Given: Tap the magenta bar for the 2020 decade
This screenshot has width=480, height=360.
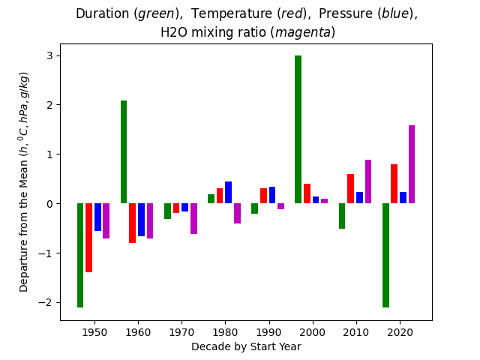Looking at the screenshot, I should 412,164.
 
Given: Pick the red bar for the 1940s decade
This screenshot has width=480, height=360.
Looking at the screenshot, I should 88,237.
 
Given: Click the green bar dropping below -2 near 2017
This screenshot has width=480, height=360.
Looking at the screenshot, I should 385,255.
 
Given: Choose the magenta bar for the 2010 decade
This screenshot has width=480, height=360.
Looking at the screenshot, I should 368,181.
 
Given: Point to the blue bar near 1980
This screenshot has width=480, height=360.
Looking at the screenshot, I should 228,192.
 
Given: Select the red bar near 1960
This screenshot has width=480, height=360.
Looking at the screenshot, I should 133,223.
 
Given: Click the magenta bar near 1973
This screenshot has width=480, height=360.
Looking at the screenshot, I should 193,218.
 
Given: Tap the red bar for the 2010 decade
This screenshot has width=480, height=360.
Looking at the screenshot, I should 350,188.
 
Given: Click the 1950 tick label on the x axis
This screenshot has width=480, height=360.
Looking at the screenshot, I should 94,331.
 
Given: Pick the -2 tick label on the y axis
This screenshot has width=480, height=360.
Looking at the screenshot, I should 48,302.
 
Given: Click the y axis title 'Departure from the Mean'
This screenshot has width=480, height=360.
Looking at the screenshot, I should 24,181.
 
